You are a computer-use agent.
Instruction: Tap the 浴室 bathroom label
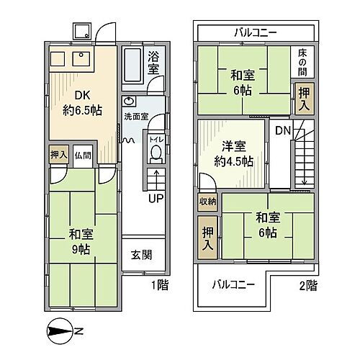click(153, 64)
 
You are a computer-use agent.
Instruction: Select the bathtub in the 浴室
click(132, 67)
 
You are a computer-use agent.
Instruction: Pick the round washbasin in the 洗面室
click(128, 102)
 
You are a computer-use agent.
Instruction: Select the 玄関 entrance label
click(142, 254)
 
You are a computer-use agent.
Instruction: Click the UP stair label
click(155, 199)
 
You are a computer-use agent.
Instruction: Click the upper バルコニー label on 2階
click(256, 32)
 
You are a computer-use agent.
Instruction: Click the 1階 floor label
click(160, 285)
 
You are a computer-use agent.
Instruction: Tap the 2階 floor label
click(309, 285)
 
